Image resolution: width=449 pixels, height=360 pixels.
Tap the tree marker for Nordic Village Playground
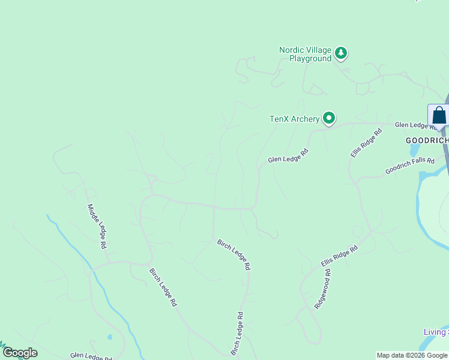[x=341, y=53]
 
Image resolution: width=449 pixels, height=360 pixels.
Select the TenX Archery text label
[x=294, y=119]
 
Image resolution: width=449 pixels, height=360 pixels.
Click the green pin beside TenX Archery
[x=328, y=118]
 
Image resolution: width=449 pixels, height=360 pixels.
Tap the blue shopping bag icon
[x=439, y=115]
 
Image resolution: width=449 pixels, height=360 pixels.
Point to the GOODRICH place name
[x=427, y=140]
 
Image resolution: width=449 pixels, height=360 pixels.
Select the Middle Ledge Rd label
[x=97, y=226]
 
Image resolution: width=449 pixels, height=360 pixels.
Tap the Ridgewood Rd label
[x=322, y=289]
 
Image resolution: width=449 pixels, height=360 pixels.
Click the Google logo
[x=20, y=353]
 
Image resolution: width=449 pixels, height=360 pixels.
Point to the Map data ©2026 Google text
[x=412, y=355]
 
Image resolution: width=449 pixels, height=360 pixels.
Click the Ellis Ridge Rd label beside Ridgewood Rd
[x=339, y=256]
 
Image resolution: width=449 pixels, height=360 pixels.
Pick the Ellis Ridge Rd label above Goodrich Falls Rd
[x=366, y=143]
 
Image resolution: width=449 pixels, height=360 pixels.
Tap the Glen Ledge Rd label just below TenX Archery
[x=288, y=155]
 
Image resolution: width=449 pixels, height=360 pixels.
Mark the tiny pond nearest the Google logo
[x=109, y=337]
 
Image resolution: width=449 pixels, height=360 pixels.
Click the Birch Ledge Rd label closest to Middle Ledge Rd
[x=163, y=287]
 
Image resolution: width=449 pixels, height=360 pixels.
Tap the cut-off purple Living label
[x=435, y=332]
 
